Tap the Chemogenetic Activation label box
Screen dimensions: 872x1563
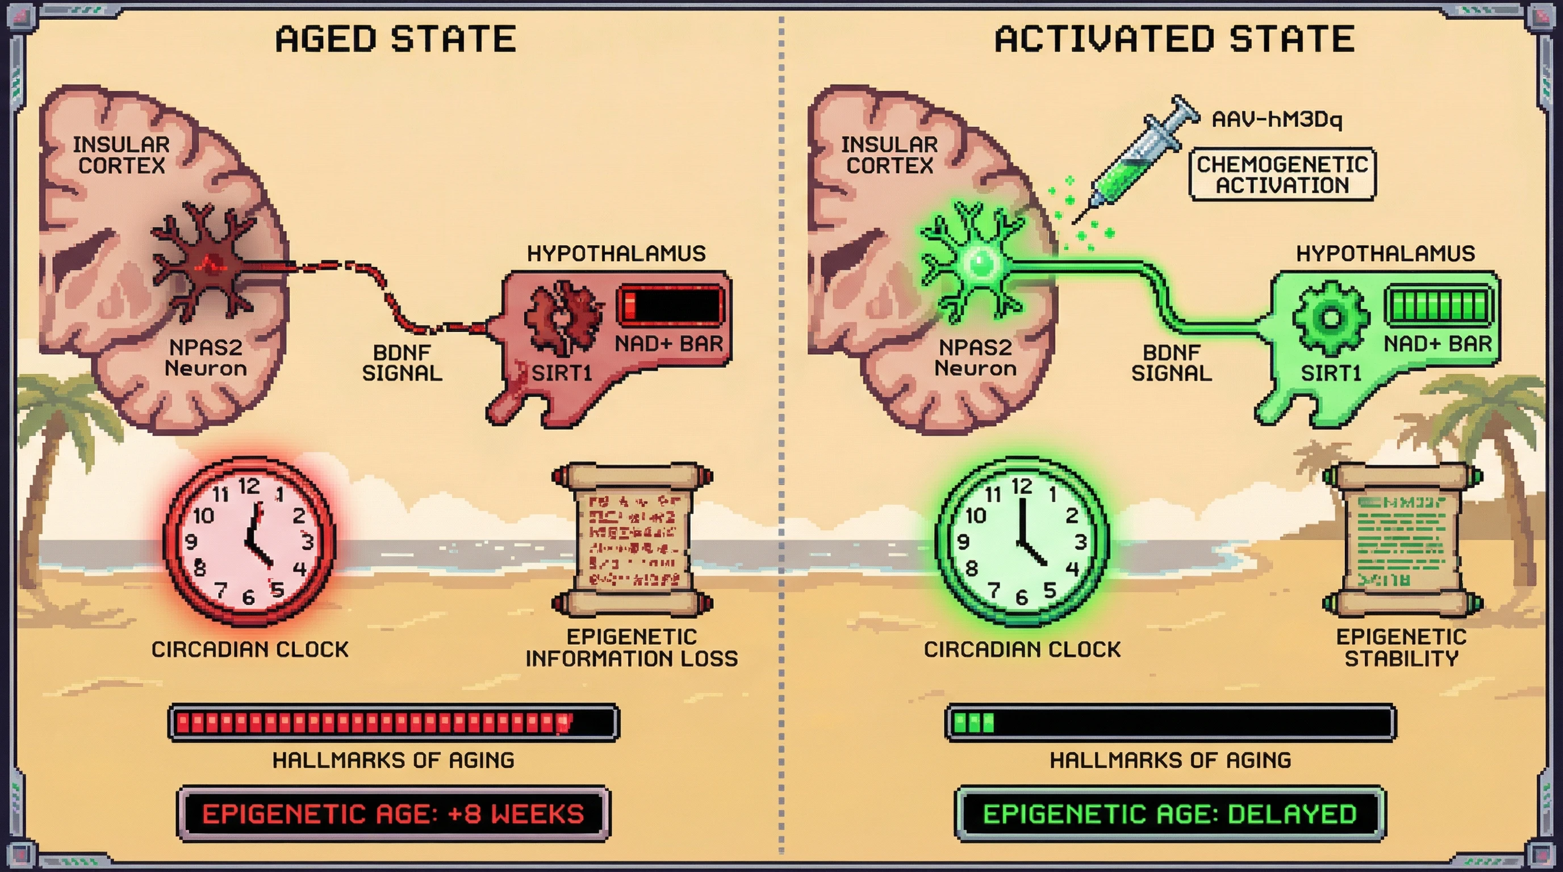coord(1281,175)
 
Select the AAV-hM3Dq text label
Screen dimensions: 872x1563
coord(1277,119)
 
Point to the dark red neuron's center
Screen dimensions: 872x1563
coord(206,265)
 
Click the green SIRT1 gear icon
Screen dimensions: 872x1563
coord(1331,318)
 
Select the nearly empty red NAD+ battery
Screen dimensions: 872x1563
coord(670,305)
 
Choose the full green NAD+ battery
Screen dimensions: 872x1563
coord(1438,305)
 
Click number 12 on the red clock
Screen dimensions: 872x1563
coord(249,486)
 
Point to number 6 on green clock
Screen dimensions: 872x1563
coord(1022,597)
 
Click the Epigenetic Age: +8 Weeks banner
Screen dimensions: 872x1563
coord(393,814)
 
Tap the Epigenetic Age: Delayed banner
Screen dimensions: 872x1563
coord(1170,814)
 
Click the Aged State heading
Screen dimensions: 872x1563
coord(396,39)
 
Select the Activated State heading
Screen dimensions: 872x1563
coord(1175,39)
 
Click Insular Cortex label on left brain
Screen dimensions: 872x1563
coord(122,154)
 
